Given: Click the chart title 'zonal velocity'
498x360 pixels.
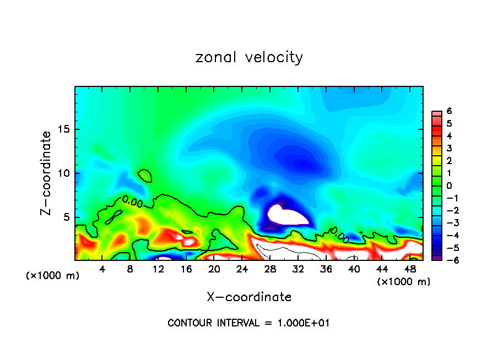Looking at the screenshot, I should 249,57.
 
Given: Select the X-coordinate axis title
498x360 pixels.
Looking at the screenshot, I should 249,297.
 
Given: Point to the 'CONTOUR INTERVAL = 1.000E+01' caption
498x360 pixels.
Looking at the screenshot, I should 248,323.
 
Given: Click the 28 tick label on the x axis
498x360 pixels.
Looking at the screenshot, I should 270,269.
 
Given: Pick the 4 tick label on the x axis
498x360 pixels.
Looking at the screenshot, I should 102,269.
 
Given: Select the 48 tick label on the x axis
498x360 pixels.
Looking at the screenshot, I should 409,269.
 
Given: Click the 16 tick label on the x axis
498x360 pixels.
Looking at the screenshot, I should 186,269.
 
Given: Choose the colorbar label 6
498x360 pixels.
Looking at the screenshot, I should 448,112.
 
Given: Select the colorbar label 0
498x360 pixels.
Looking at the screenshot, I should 448,186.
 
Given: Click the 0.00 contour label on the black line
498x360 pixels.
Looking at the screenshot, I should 132,202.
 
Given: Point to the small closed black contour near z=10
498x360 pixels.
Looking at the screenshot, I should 145,176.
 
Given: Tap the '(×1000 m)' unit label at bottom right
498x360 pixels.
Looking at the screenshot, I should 403,282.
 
